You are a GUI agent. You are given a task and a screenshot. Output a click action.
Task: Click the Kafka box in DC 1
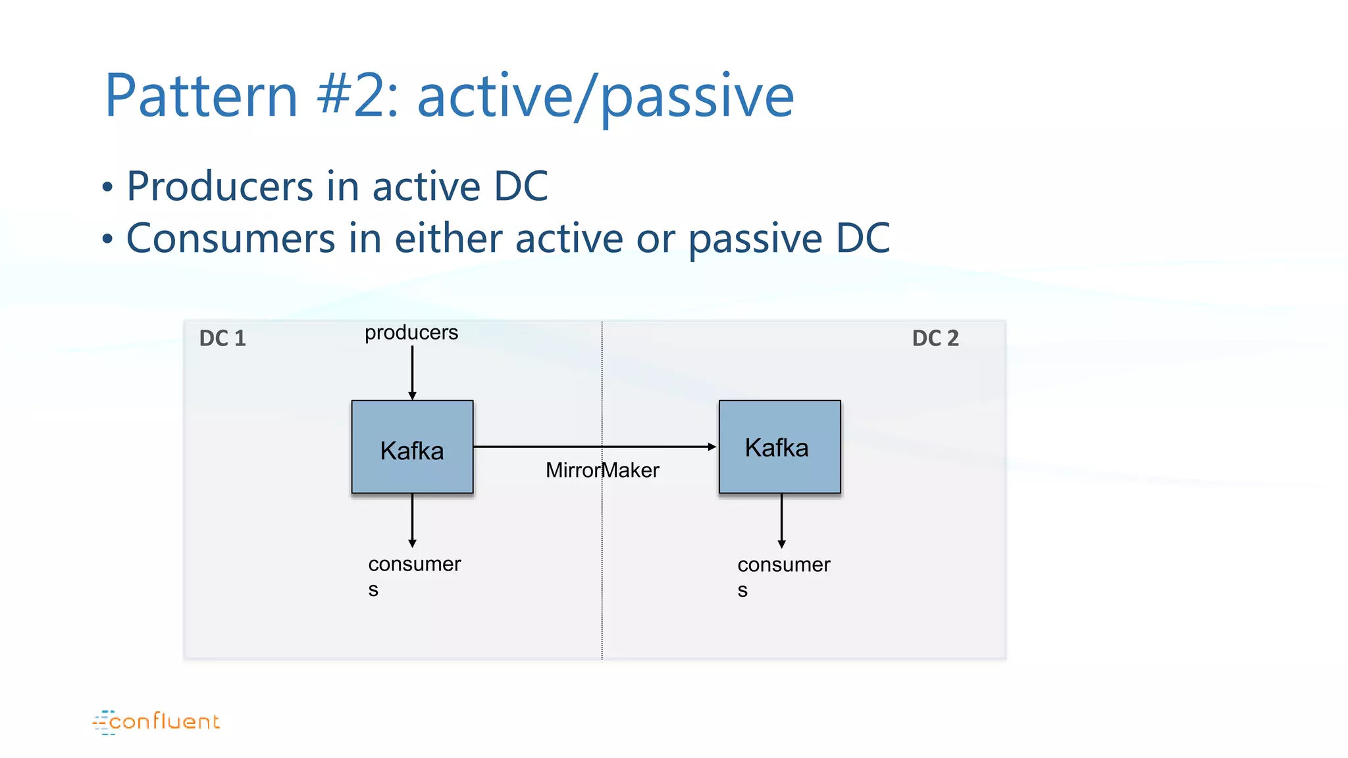412,447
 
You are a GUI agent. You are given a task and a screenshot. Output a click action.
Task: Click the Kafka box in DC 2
779,447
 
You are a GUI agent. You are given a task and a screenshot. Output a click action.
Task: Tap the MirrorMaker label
602,470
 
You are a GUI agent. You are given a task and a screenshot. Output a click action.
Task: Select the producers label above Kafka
411,333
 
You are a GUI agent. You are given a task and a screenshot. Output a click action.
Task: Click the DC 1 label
222,338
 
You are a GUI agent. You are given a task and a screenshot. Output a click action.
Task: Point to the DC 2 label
935,338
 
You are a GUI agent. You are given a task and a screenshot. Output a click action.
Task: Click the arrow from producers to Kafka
412,372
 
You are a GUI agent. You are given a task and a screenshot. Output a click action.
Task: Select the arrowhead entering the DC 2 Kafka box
712,447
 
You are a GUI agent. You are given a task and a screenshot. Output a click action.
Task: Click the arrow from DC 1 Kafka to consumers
412,520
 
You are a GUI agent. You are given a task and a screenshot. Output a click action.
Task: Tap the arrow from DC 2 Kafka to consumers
781,520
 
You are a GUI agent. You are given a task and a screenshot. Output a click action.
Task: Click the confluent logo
156,722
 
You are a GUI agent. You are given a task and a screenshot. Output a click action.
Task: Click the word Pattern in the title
201,96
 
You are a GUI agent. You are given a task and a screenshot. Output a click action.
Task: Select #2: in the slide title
357,96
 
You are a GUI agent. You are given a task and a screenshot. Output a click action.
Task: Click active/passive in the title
606,97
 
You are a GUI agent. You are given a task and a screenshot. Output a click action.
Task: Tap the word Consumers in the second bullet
230,238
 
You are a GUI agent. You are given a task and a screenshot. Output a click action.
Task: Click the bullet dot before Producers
108,188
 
